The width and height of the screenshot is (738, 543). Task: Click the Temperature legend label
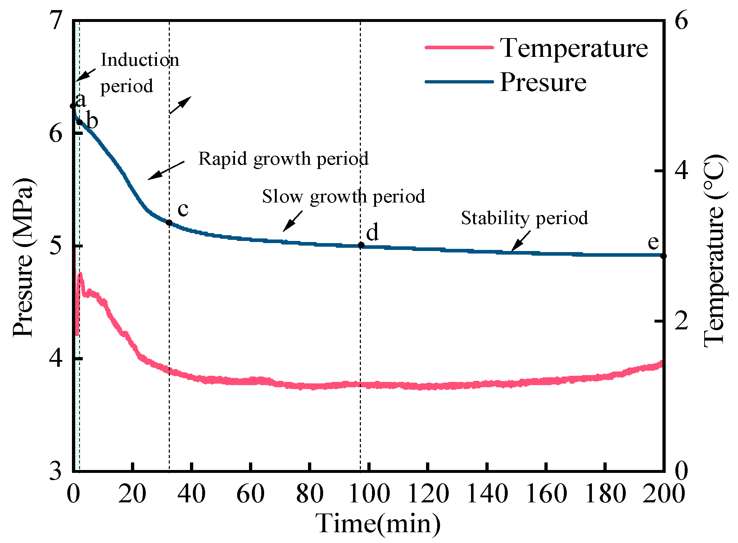point(574,48)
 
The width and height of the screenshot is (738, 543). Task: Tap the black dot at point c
point(169,223)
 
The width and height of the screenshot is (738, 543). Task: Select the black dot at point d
point(361,245)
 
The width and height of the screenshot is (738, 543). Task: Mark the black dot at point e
point(664,256)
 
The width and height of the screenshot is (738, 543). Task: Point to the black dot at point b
point(80,122)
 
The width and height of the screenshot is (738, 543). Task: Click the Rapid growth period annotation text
point(283,159)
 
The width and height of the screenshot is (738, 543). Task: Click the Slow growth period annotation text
point(343,196)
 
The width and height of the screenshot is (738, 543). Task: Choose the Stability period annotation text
point(524,218)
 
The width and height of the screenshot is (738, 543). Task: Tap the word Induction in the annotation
point(140,60)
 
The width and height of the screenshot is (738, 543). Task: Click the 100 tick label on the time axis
point(369,494)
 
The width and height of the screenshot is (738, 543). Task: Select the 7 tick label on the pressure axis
point(56,20)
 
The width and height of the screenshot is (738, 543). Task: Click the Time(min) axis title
point(378,523)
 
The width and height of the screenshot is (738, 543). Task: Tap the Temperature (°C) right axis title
point(714,251)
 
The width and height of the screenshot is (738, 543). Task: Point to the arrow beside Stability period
point(520,241)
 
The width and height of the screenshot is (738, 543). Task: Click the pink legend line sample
point(459,47)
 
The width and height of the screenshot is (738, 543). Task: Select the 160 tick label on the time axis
point(546,494)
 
